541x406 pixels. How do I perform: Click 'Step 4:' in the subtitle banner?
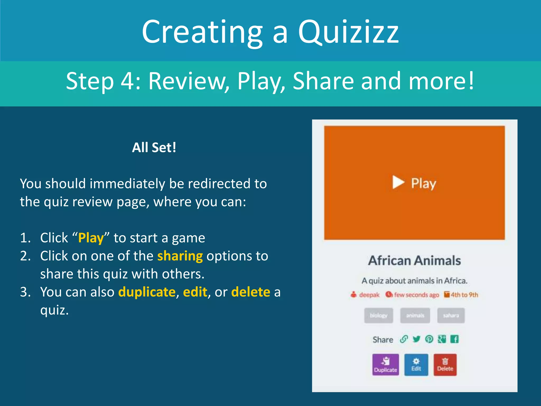click(x=103, y=81)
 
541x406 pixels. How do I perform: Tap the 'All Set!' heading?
click(x=154, y=147)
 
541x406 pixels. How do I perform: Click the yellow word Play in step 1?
click(x=91, y=238)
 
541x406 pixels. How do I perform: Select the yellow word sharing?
click(x=180, y=256)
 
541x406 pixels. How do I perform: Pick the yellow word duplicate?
click(x=147, y=292)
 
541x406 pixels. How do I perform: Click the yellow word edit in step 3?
click(x=195, y=292)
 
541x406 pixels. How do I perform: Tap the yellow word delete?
click(x=250, y=292)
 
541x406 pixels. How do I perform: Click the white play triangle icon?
click(x=398, y=182)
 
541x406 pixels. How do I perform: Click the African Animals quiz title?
click(x=414, y=261)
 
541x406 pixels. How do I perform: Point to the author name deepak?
click(x=369, y=295)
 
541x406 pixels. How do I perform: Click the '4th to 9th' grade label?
click(x=464, y=295)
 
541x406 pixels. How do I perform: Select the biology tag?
click(x=378, y=315)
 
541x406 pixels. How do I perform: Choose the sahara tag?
click(x=451, y=315)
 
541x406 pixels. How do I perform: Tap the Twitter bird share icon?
click(x=417, y=339)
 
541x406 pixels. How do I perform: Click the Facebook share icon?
click(x=454, y=339)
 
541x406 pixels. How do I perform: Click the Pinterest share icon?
click(x=429, y=339)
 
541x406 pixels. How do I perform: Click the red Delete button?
click(x=445, y=365)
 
